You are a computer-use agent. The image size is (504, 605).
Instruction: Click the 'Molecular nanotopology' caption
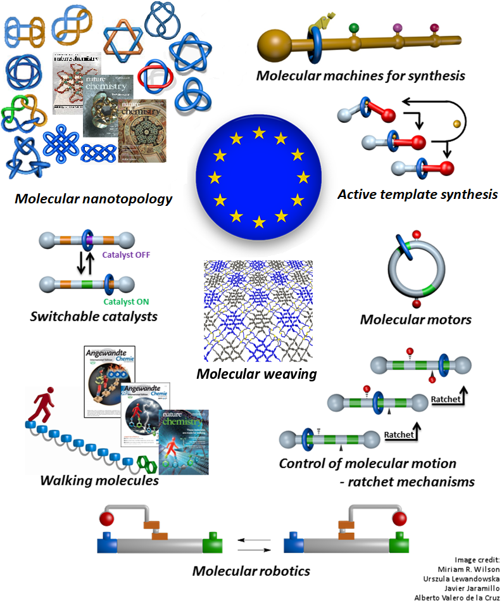click(x=94, y=199)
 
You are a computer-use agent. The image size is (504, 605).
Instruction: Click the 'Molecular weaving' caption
click(x=256, y=373)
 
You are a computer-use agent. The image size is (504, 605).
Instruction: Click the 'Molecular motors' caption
click(x=415, y=319)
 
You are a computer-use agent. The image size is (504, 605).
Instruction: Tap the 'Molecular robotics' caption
click(x=251, y=571)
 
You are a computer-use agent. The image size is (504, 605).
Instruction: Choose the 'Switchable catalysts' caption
click(x=94, y=315)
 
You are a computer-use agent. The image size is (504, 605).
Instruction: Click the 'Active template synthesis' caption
click(x=417, y=194)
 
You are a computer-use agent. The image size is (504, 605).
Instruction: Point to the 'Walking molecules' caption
click(x=99, y=480)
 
